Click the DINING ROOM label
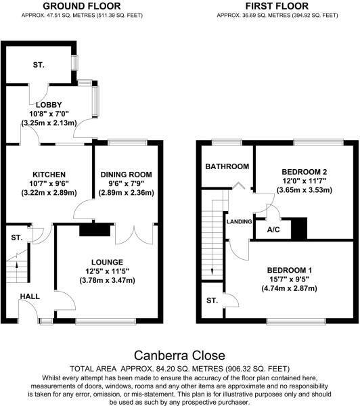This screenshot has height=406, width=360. pyautogui.click(x=127, y=175)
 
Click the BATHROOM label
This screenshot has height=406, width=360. pyautogui.click(x=227, y=166)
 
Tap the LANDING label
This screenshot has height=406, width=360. pyautogui.click(x=239, y=221)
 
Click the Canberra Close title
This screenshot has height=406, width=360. pyautogui.click(x=179, y=355)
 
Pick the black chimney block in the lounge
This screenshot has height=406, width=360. pyautogui.click(x=89, y=231)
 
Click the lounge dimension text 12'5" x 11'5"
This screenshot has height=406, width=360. pyautogui.click(x=108, y=271)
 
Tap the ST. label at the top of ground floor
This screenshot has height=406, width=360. pyautogui.click(x=38, y=65)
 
